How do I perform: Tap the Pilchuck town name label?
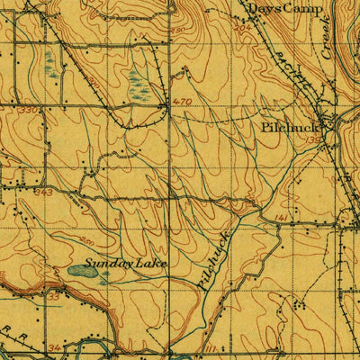tap(287, 129)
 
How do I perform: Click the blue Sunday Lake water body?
tap(88, 273)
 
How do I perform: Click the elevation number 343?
tap(41, 191)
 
